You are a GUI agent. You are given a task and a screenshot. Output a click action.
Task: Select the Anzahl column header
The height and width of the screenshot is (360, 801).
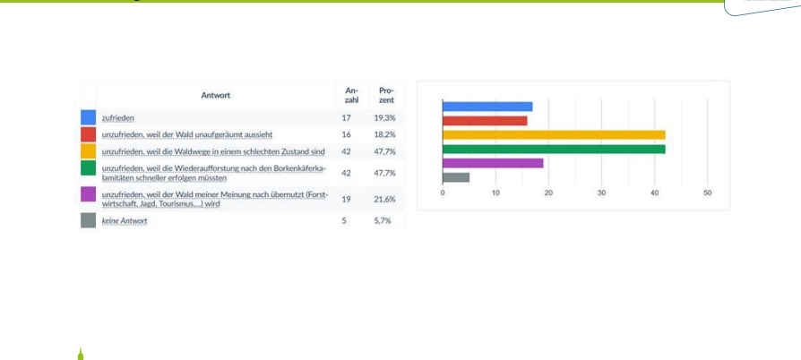point(352,95)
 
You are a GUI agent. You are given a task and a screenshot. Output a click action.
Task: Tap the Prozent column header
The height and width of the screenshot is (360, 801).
point(387,95)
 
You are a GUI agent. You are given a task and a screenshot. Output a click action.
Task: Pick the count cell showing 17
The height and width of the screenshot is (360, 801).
point(347,117)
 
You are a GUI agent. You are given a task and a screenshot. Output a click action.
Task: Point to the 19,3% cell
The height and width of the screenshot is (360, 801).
point(385,117)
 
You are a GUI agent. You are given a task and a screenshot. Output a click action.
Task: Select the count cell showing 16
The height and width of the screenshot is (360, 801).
point(347,134)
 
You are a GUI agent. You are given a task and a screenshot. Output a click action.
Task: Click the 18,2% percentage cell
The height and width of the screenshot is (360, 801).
point(385,134)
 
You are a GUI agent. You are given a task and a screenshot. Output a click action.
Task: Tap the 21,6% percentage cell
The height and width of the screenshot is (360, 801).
point(385,198)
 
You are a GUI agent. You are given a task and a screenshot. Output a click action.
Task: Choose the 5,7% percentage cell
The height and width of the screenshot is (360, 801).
point(383,220)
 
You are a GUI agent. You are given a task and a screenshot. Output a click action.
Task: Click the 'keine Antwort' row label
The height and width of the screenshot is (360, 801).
point(125,220)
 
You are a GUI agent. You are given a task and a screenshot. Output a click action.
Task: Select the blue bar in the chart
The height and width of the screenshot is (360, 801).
point(487,107)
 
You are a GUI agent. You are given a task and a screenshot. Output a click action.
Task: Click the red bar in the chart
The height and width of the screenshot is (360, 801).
point(485,120)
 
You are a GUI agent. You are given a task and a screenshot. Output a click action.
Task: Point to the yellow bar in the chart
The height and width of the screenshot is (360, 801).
point(554,134)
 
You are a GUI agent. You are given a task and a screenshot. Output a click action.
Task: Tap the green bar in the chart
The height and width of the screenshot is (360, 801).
point(554,149)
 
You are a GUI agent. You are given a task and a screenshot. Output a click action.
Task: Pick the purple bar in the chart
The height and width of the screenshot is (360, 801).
point(493,163)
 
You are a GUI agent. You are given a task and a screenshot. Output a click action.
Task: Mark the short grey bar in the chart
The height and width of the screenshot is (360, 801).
point(456,177)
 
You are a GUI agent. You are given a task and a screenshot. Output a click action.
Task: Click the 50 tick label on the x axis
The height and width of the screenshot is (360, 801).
point(707,193)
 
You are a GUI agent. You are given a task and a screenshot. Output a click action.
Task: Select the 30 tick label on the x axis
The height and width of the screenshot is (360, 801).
point(601,193)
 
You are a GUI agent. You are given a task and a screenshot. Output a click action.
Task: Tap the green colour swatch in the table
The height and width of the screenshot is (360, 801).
point(88,169)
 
